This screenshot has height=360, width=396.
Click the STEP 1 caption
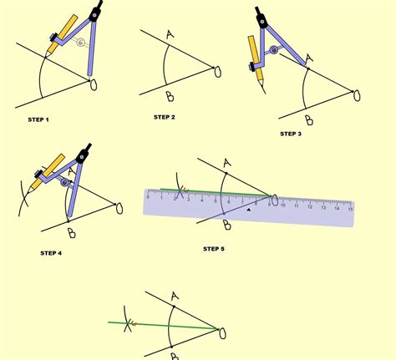point(38,120)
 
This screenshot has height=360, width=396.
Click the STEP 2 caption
point(164,118)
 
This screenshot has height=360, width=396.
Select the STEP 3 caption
point(290,133)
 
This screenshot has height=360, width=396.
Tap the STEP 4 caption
point(50,251)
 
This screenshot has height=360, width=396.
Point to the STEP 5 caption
point(213,248)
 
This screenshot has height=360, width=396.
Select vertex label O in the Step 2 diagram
point(218,72)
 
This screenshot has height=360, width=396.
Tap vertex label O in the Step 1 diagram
point(93,83)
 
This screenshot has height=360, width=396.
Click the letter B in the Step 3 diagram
point(308,119)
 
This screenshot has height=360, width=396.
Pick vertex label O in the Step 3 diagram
point(357,95)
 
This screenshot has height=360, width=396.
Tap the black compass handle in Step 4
point(84,155)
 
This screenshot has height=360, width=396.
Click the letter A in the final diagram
point(173,297)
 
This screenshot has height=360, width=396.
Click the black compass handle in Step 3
point(260,14)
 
